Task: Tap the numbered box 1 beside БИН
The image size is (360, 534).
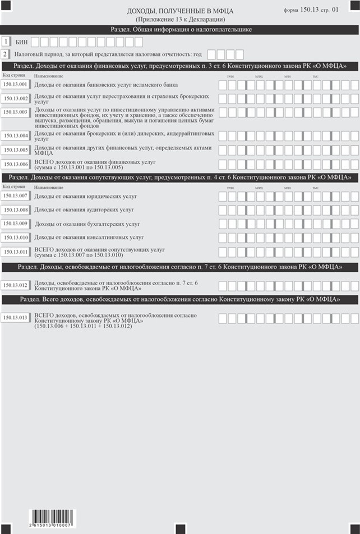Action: [5, 41]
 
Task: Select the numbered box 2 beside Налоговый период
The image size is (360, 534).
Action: [5, 54]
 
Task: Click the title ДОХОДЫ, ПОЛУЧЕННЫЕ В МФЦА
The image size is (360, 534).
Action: [179, 11]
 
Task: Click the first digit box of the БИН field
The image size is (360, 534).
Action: [35, 42]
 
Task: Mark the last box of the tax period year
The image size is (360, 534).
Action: [240, 54]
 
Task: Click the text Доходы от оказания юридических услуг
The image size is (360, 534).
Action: [86, 197]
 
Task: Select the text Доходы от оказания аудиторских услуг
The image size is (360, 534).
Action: [84, 210]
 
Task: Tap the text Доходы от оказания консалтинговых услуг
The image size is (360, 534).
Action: [89, 238]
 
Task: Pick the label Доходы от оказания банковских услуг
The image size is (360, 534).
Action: [106, 85]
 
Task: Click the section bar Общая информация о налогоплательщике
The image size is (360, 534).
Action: [179, 29]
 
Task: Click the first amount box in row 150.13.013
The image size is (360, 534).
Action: [222, 318]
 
